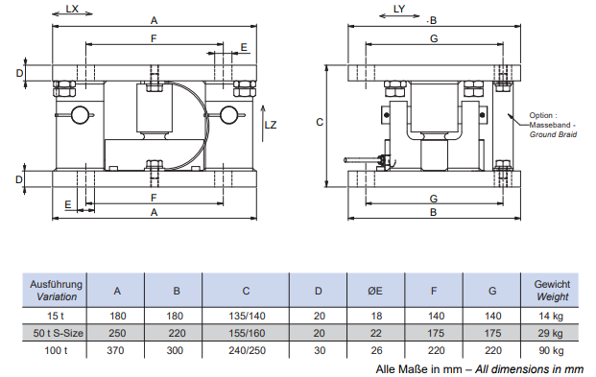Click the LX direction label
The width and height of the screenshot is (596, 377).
click(72, 9)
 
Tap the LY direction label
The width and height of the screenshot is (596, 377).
click(399, 9)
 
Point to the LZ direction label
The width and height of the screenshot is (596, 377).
click(271, 125)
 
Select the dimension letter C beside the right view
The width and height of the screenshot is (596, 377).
click(320, 122)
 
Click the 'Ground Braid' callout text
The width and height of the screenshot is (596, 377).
click(553, 134)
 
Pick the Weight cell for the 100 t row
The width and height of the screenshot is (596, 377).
click(551, 350)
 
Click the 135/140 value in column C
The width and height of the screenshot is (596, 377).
click(247, 317)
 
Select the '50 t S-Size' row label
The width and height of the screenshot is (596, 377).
click(59, 333)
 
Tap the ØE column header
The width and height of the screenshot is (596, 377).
click(375, 291)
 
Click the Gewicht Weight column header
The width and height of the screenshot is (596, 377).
click(552, 291)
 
